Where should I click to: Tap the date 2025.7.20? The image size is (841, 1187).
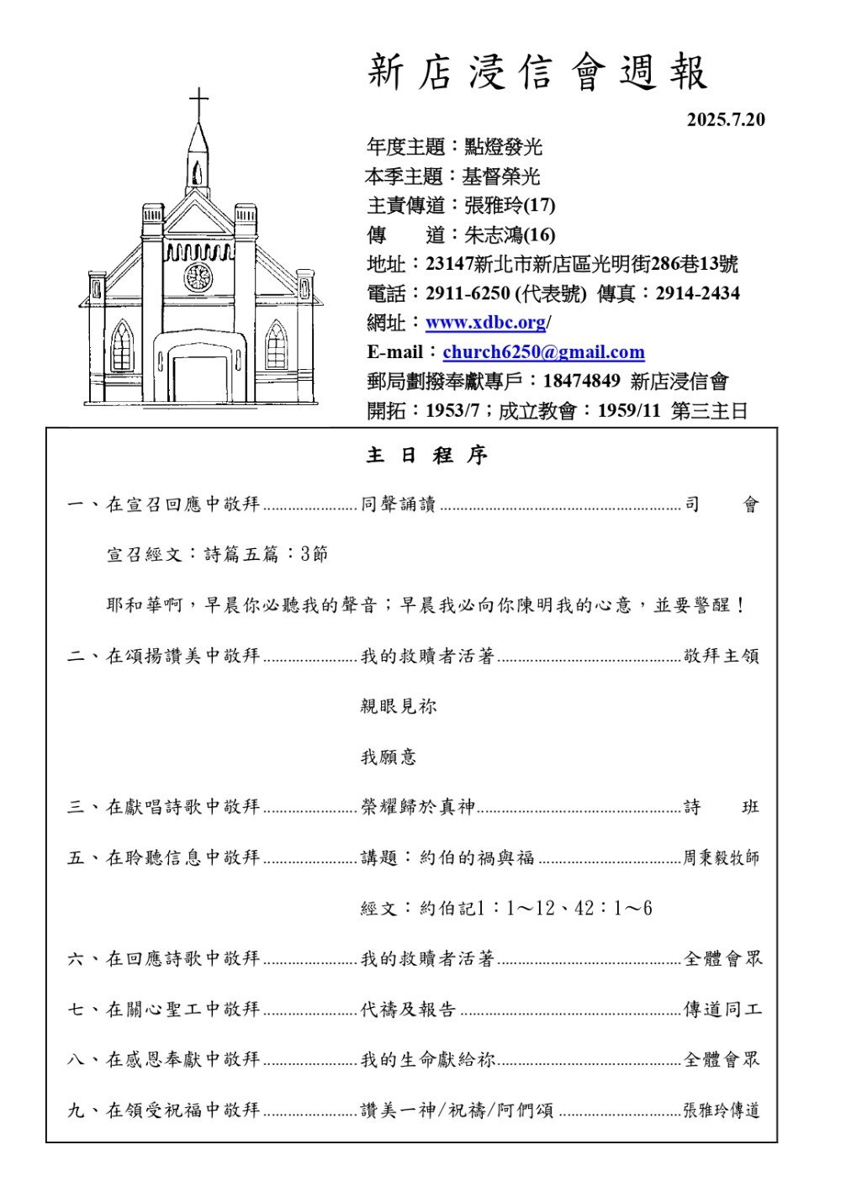[726, 119]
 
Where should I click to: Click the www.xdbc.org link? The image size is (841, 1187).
[486, 323]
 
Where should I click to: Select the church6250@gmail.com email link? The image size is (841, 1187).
[543, 352]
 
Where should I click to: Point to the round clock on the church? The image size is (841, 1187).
[198, 277]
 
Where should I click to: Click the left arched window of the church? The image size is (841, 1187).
[123, 346]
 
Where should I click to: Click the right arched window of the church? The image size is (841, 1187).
[276, 346]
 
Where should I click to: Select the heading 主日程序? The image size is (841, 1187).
[427, 456]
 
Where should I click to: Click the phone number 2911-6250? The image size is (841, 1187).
[468, 293]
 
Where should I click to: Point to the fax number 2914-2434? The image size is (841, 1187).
[698, 293]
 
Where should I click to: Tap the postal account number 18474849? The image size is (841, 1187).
[581, 382]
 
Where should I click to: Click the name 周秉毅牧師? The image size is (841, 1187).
[721, 857]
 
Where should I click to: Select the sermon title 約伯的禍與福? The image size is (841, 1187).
[477, 857]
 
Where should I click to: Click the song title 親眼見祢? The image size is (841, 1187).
[399, 706]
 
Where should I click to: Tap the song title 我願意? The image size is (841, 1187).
[389, 757]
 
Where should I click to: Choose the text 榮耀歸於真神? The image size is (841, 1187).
[418, 807]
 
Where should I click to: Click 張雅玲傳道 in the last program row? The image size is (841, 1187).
[722, 1110]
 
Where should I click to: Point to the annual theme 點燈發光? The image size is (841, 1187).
[504, 147]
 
